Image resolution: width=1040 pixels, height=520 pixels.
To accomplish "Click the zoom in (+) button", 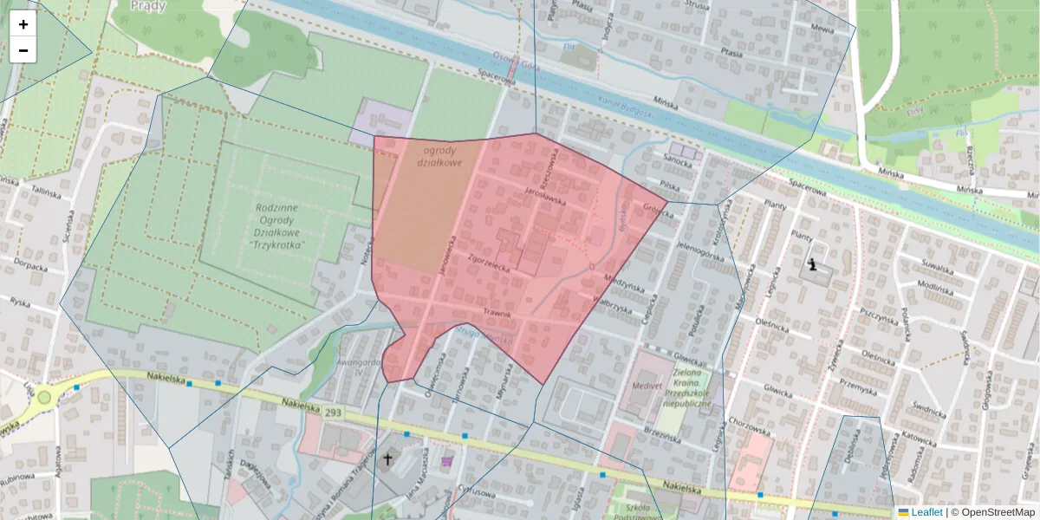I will click(23, 24).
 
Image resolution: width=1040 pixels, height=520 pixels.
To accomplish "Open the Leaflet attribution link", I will click(926, 512).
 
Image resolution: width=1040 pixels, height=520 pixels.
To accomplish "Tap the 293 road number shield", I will click(334, 413).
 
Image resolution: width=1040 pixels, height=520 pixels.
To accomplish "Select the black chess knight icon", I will click(812, 264).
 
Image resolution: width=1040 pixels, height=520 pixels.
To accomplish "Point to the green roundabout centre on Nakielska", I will click(44, 397).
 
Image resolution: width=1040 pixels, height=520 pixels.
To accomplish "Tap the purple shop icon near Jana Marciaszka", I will click(447, 462).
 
